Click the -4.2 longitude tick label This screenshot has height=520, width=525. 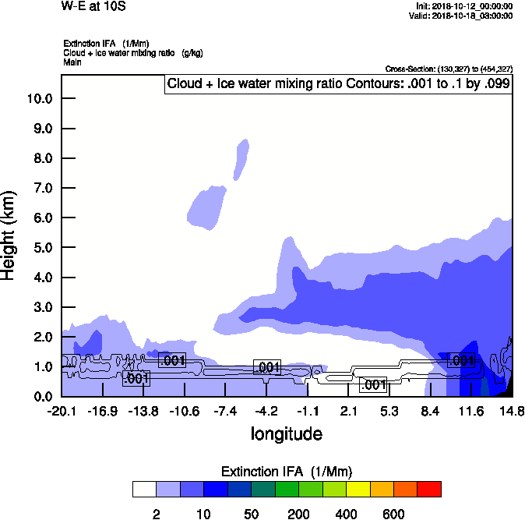tap(266, 411)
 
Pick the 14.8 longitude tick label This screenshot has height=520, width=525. tap(511, 411)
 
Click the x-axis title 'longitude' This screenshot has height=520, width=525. tap(286, 433)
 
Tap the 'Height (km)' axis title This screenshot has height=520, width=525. tap(9, 235)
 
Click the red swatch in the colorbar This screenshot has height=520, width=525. tap(429, 489)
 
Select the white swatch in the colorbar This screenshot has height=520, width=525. tap(145, 489)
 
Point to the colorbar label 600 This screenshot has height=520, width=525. tap(393, 514)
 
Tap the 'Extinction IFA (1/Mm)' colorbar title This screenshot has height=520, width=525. tap(286, 471)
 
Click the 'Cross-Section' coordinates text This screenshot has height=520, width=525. tap(449, 69)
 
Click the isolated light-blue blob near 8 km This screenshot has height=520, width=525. tap(242, 158)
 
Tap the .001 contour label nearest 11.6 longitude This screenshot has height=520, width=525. tap(461, 360)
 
